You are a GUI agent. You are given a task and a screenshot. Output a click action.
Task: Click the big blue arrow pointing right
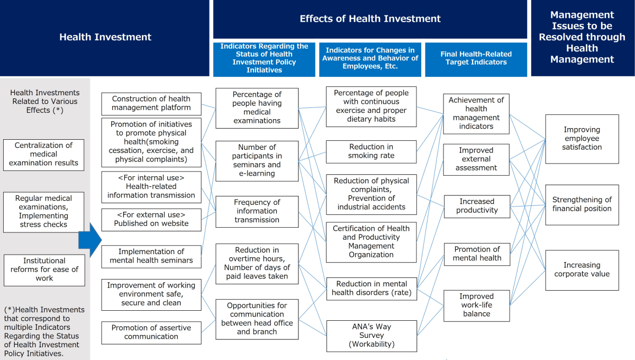point(90,240)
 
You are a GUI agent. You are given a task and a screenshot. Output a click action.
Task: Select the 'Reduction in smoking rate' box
point(371,152)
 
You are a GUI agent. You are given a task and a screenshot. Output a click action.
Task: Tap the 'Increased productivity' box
point(477,206)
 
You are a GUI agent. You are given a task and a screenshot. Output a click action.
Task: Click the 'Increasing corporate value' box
point(582,270)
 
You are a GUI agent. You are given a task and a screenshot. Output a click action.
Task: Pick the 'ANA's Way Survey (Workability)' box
point(371,336)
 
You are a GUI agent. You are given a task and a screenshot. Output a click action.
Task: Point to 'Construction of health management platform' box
point(151,104)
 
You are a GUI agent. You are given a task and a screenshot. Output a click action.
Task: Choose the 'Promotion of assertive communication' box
point(151,332)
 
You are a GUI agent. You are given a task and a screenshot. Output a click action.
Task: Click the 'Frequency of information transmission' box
point(257,211)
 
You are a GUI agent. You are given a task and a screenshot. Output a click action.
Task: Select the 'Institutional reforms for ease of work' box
point(44,270)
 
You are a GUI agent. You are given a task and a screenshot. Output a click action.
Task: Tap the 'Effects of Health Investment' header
point(370,19)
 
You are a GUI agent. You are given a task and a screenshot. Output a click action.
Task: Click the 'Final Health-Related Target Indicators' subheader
point(476,59)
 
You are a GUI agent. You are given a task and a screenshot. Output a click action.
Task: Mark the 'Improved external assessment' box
point(476,159)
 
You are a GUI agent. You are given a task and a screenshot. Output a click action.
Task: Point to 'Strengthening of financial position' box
point(582,205)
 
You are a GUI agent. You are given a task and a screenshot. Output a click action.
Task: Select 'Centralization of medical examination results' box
point(43,155)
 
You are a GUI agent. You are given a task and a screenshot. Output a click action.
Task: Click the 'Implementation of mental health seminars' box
point(151,256)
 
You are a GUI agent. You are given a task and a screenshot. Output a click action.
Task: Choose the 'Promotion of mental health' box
point(477,254)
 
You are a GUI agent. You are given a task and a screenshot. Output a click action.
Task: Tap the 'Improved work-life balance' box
point(477,305)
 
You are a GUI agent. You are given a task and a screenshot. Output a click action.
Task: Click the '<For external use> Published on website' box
point(151,220)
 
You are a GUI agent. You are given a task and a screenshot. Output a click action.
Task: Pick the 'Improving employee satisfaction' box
point(582,139)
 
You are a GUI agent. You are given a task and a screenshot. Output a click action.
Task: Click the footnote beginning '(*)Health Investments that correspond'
point(44,331)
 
